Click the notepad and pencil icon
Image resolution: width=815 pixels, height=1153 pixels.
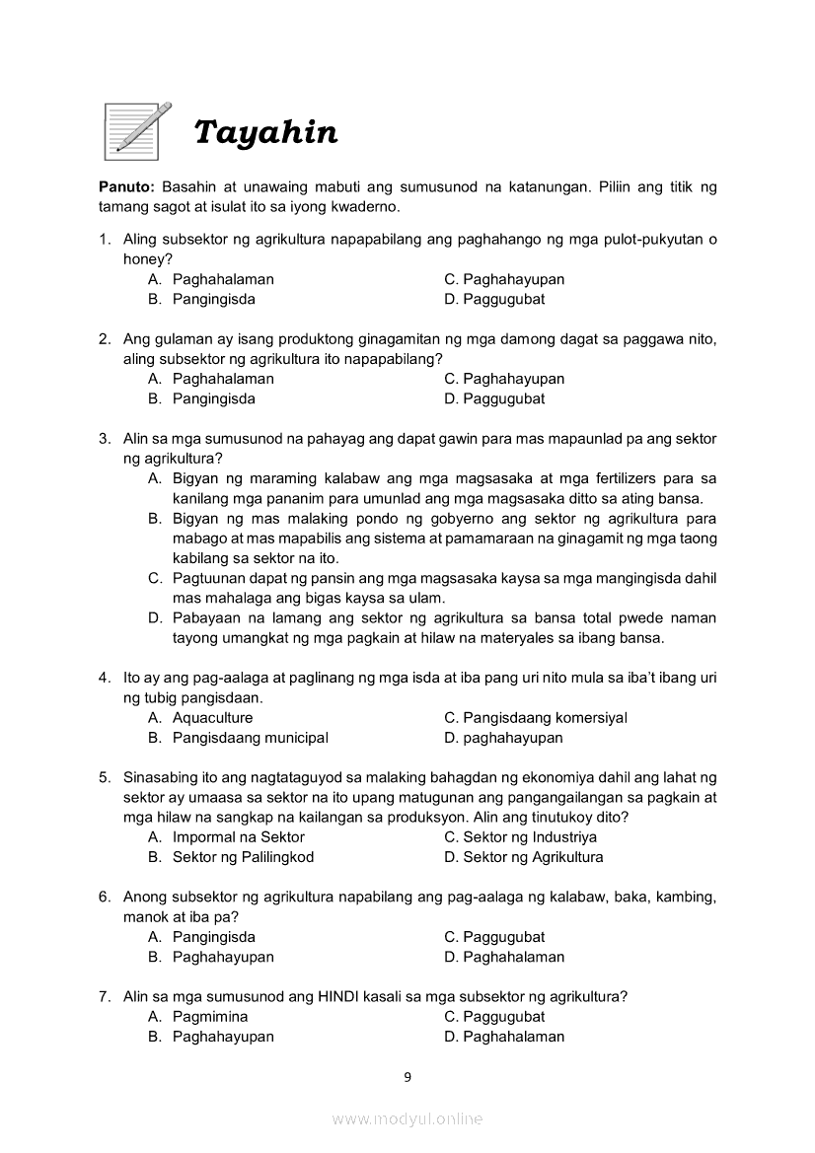137,130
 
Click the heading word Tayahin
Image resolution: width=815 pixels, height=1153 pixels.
265,132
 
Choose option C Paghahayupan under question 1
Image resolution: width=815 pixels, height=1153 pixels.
504,279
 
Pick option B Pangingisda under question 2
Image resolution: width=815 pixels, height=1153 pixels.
213,398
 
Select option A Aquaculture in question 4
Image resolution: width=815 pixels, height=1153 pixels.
212,718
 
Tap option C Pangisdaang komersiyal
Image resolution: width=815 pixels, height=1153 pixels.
536,718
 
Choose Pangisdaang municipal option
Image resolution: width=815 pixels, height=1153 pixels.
250,738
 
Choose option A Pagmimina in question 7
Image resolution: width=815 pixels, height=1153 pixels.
210,1017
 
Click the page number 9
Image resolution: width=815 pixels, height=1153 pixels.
407,1077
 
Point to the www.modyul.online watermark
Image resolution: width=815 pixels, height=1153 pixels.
407,1119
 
